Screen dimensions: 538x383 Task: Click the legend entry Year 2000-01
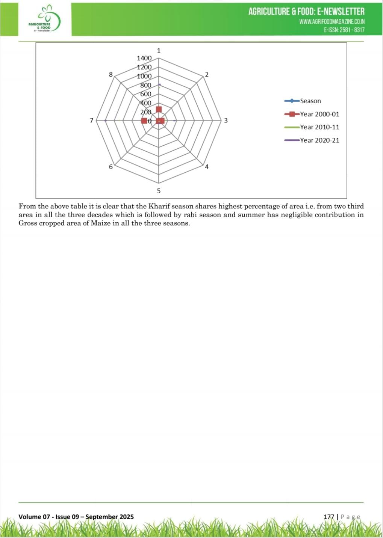coord(319,114)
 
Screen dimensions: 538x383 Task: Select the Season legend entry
coord(310,101)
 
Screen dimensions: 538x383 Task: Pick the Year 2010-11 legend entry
coord(319,127)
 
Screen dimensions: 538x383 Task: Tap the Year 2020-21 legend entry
coord(319,140)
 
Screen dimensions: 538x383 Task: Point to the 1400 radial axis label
coord(144,58)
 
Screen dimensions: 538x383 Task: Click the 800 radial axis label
coord(145,85)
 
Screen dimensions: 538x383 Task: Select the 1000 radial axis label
coord(144,76)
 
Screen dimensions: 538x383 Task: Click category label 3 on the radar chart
coord(226,121)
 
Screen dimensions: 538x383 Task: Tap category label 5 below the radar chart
coord(159,191)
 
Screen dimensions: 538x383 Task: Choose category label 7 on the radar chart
coord(91,121)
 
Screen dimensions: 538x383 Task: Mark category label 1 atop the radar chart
coord(159,51)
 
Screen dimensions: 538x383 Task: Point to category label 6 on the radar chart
coord(111,167)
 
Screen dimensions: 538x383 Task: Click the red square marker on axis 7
coord(144,121)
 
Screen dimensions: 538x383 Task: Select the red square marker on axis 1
coord(159,109)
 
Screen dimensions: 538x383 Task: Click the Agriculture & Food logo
coord(45,19)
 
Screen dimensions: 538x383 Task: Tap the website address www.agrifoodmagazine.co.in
coord(332,22)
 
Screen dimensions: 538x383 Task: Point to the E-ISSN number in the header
coord(344,30)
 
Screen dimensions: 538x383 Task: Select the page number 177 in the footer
coord(329,517)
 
